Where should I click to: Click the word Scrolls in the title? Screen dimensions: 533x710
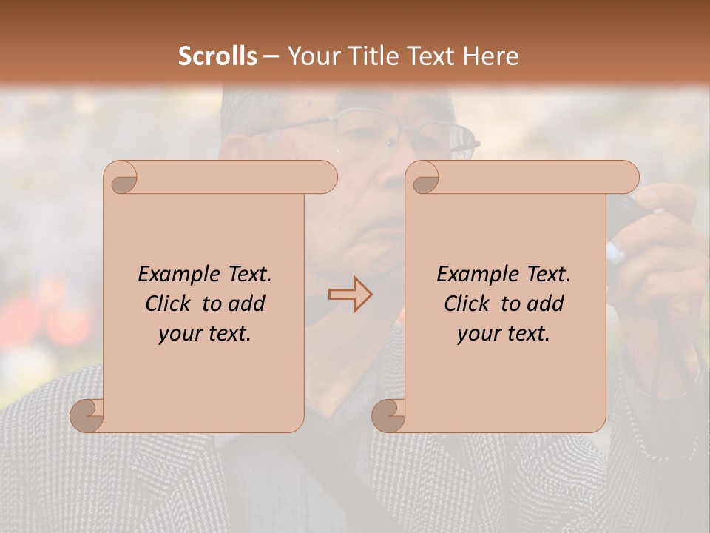click(x=217, y=56)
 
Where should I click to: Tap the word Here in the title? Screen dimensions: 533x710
click(x=491, y=56)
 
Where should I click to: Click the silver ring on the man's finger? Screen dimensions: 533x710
click(x=615, y=252)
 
